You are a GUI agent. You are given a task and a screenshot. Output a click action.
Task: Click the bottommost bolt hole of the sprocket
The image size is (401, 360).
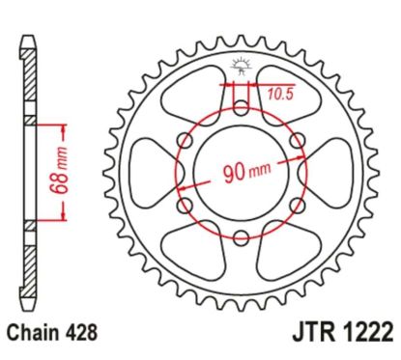[241, 237]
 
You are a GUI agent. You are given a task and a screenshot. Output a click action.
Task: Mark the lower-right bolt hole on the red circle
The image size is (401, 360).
[298, 206]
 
